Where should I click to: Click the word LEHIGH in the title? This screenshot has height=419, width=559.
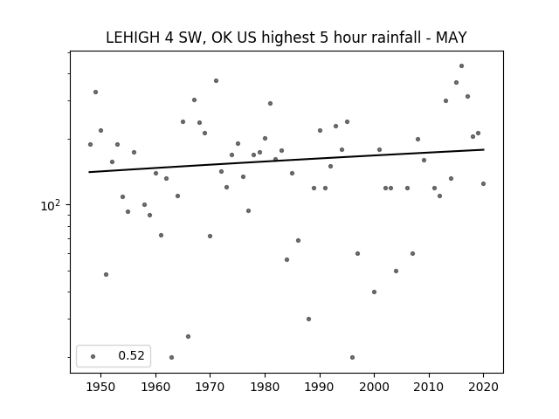(x=133, y=38)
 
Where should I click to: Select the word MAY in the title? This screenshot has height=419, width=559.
(x=451, y=38)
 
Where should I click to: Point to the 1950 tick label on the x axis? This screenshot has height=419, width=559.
(x=101, y=387)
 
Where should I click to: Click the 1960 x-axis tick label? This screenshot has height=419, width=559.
(x=155, y=387)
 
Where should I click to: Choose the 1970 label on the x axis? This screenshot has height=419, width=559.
(x=210, y=387)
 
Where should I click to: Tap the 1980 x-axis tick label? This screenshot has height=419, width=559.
(x=265, y=387)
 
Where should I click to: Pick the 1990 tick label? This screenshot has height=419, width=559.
(x=320, y=387)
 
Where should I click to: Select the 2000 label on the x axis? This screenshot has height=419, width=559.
(x=375, y=387)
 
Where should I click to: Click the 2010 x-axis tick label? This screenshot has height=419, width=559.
(x=429, y=387)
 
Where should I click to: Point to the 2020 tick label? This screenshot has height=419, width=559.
(x=484, y=387)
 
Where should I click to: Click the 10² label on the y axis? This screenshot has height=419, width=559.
(x=51, y=206)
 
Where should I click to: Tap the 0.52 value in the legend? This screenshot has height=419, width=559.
(x=131, y=355)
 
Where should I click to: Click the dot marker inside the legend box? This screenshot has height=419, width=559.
(x=93, y=356)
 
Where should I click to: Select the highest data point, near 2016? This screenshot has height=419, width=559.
(x=461, y=66)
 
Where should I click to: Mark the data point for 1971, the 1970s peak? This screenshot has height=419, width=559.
(x=216, y=81)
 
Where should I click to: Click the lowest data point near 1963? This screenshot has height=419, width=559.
(x=171, y=357)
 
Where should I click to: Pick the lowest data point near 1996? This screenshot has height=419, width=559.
(x=352, y=357)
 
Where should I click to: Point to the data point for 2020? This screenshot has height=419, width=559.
(x=483, y=184)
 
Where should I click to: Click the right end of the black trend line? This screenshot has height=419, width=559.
(x=484, y=149)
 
